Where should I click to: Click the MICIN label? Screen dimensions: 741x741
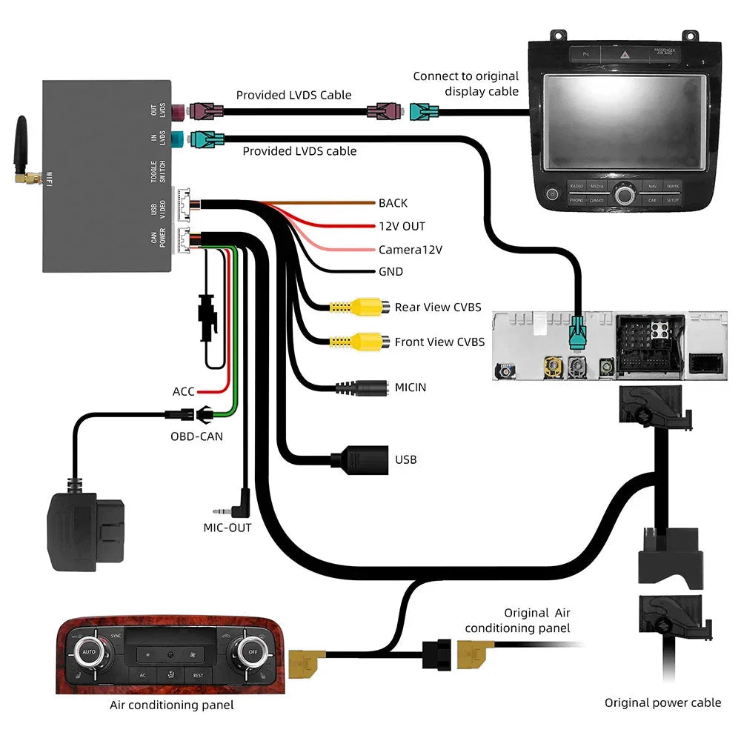410,387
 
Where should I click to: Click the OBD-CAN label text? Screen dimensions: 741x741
196,436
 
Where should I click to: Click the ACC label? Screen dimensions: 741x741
183,391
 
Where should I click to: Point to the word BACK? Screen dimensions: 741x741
393,203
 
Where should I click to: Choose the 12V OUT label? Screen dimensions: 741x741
402,226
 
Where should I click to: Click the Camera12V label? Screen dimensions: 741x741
410,250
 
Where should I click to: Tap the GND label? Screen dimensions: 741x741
391,272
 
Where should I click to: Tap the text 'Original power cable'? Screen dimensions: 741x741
662,702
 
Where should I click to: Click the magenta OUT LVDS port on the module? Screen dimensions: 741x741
179,112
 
